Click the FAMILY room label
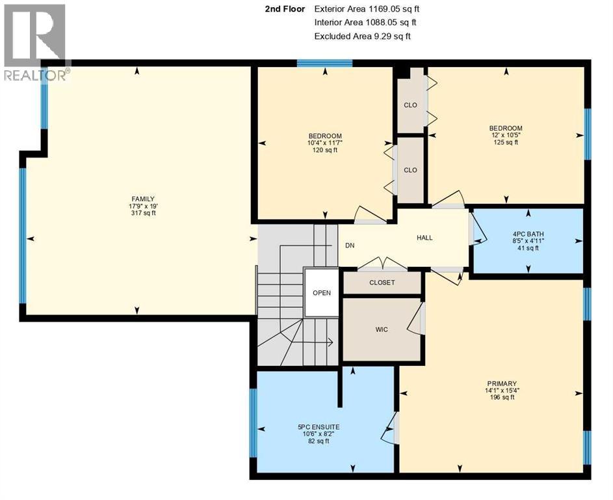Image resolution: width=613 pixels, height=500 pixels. point(143,199)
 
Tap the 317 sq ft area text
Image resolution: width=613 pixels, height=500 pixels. point(143,213)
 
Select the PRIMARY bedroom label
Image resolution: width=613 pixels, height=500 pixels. point(499,383)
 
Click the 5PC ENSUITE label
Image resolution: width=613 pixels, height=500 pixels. point(319,427)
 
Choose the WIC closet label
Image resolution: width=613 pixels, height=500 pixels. point(382,329)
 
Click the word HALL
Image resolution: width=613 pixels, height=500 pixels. point(424,238)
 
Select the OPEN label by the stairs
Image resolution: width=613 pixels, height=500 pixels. point(322,293)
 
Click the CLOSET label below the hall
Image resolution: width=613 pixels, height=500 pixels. point(382,283)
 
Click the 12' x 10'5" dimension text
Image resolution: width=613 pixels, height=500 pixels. point(506,135)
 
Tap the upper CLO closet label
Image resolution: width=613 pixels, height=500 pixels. point(410,105)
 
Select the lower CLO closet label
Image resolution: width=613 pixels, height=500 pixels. point(410,170)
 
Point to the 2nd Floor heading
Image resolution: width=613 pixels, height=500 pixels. point(284,9)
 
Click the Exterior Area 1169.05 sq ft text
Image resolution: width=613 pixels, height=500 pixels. point(366,9)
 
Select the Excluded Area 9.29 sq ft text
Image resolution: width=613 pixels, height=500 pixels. point(362,36)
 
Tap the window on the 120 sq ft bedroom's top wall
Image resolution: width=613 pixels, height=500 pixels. point(324,63)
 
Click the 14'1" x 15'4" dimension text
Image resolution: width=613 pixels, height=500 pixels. point(499,391)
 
